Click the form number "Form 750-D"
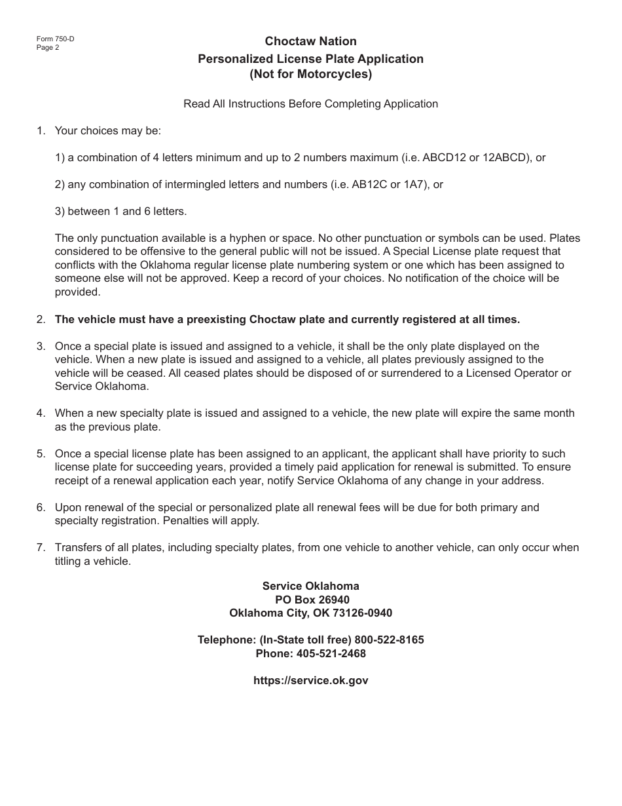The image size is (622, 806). [55, 39]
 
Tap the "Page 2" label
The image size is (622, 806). [48, 47]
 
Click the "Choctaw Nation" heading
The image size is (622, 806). [310, 42]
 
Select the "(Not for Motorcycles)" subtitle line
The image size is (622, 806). [310, 74]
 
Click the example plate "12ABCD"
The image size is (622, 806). [506, 157]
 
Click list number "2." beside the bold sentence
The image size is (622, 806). [41, 320]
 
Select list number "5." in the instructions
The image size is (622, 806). [41, 453]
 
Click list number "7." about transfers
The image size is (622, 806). [41, 547]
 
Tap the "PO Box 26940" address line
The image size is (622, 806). [310, 600]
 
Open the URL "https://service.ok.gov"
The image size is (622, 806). [310, 680]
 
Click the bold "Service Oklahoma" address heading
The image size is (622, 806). [310, 586]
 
